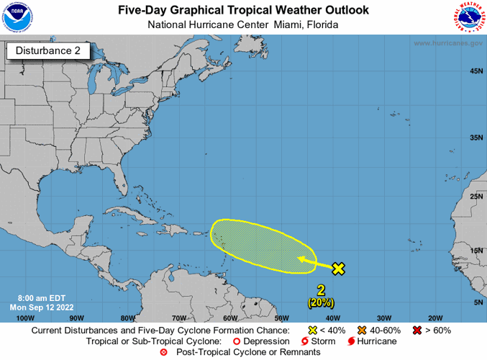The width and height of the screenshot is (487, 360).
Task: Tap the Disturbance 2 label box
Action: [x=48, y=51]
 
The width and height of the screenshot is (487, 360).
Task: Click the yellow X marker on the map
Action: [x=338, y=269]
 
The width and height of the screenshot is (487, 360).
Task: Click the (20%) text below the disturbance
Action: [x=320, y=303]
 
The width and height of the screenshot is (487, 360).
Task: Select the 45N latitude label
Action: [x=475, y=71]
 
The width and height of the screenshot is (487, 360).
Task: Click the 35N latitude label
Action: [x=475, y=138]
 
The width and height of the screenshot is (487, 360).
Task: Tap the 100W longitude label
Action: [x=24, y=318]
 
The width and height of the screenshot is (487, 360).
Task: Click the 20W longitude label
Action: [x=434, y=318]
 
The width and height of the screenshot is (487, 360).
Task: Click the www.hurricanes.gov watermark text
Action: [x=447, y=43]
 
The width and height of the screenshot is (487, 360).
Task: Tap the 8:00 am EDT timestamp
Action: [x=40, y=297]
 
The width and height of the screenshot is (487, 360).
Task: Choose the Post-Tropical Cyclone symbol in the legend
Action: [x=163, y=352]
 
